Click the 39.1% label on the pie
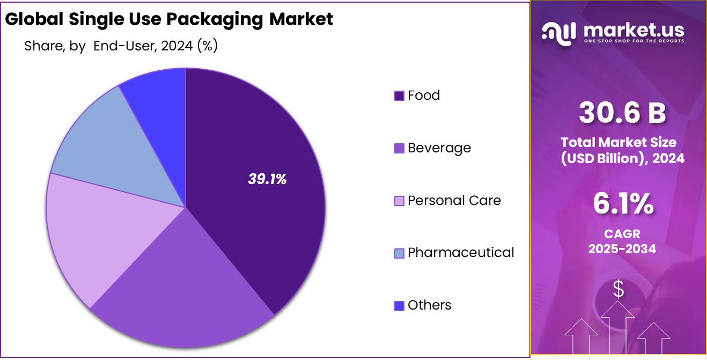coord(267,180)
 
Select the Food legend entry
coord(423,95)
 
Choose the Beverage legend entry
coord(439,148)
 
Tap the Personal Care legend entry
coord(454,201)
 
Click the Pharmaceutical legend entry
coord(460,253)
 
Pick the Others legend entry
coord(429,305)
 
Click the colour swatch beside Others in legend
coord(399,306)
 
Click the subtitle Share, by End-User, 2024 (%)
coord(121,46)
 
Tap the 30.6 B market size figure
coord(622,114)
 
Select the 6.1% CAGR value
coord(622,204)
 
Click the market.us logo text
coord(633,30)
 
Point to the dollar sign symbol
coord(618,290)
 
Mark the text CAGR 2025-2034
coord(622,241)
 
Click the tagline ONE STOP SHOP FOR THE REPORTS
coord(634,41)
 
